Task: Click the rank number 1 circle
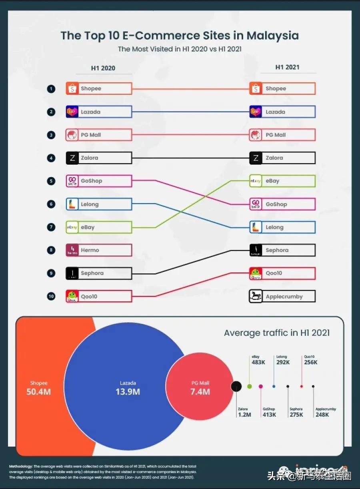(x=51, y=89)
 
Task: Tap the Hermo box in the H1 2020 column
(x=98, y=250)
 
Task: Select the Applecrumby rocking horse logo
(x=256, y=296)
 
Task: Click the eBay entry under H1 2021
(x=282, y=181)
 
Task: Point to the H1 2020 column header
(x=103, y=68)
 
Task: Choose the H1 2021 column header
(x=287, y=67)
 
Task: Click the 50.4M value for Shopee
(x=38, y=391)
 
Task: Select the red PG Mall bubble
(x=200, y=387)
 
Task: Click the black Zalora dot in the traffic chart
(x=236, y=386)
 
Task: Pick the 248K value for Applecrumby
(x=322, y=415)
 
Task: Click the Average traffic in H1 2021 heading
(x=277, y=333)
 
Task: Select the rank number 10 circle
(x=51, y=296)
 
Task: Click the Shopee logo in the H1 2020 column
(x=72, y=89)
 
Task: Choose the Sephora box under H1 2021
(x=282, y=250)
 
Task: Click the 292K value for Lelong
(x=283, y=362)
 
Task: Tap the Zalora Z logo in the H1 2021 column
(x=256, y=158)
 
